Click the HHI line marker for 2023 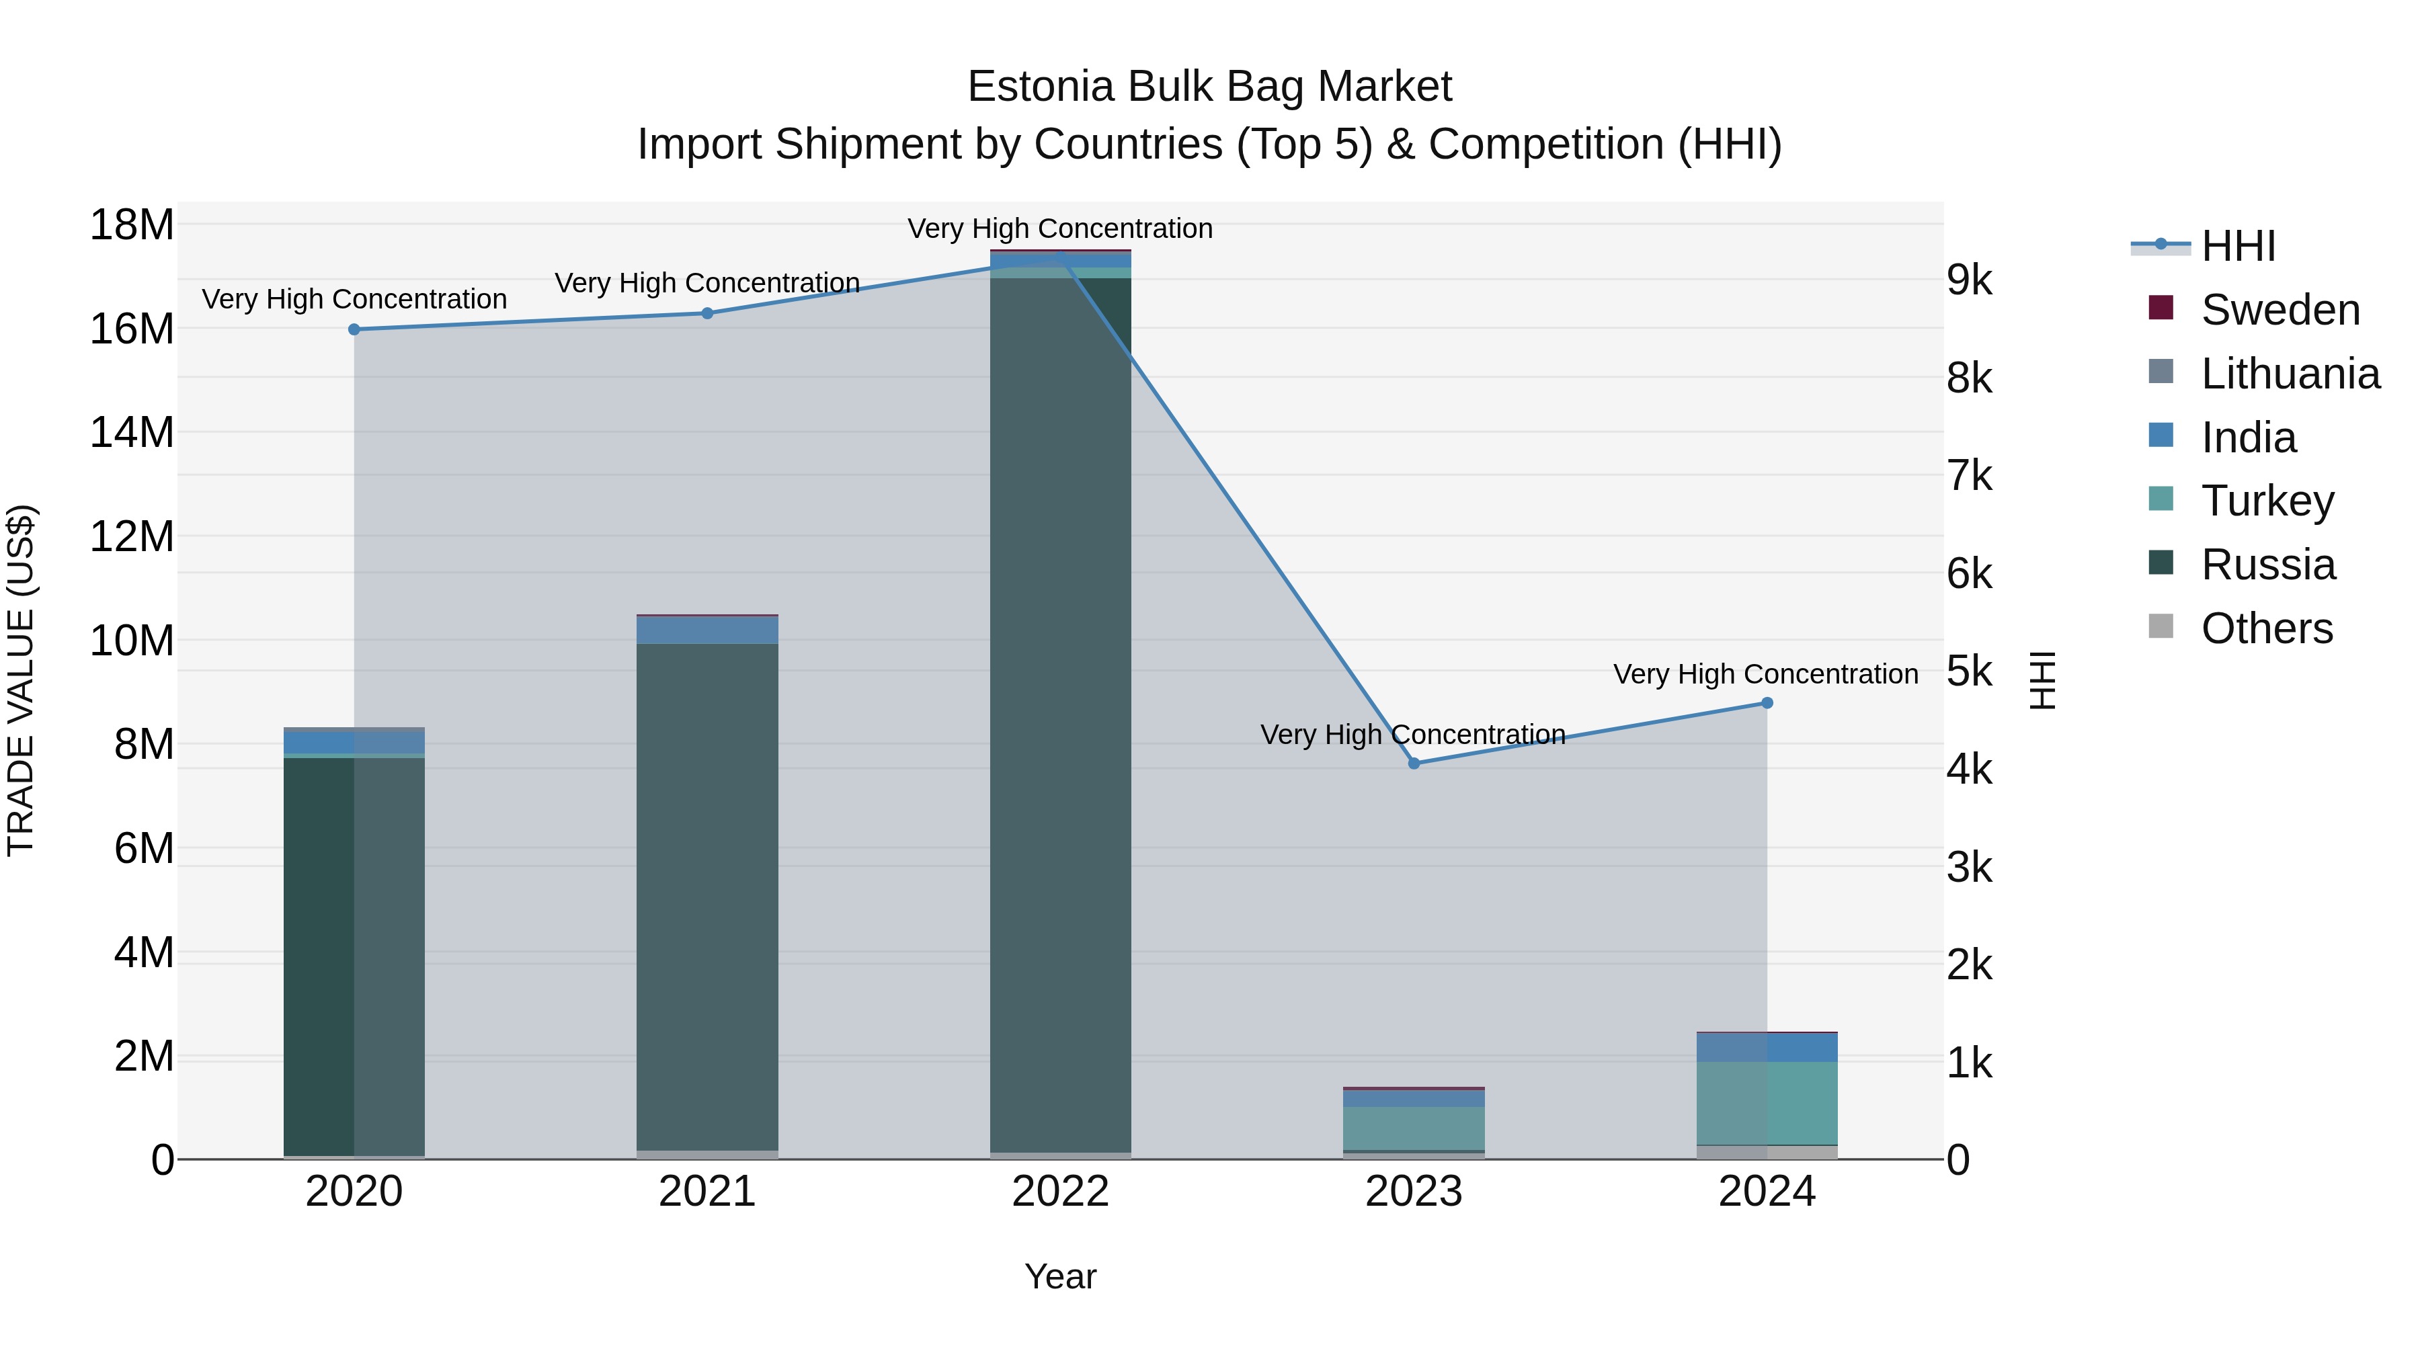1414,764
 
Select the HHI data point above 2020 354,330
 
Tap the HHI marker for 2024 1767,702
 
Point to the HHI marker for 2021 707,314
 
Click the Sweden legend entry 2280,310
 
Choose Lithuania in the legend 2290,374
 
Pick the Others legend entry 2266,628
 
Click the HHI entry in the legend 2238,246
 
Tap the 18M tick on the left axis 132,225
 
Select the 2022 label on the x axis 1061,1192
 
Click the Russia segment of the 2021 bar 707,893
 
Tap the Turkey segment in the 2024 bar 1767,1104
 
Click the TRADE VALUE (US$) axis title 21,680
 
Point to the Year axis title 1061,1276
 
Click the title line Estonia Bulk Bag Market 1209,87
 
